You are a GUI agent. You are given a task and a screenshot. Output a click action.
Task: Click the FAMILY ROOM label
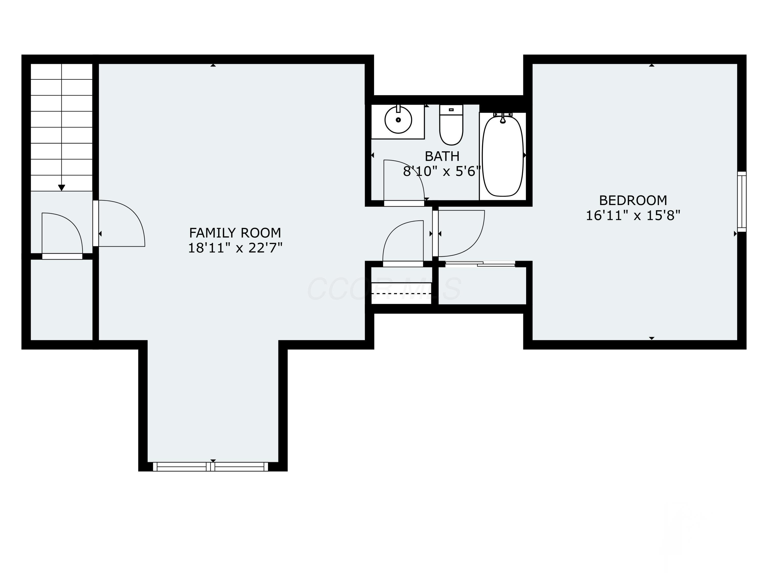[235, 232]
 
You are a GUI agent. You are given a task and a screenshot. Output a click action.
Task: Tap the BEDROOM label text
[633, 200]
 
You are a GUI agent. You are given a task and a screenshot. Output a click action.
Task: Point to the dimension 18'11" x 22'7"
[235, 248]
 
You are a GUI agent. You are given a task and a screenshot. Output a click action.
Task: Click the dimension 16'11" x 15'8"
[633, 216]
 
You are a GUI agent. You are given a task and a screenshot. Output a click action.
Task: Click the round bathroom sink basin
[398, 120]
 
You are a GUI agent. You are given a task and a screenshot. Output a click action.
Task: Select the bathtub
[503, 156]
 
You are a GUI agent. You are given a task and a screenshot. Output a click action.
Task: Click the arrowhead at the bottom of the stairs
[61, 188]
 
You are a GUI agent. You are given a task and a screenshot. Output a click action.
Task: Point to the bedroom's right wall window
[741, 201]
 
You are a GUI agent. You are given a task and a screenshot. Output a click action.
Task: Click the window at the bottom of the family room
[211, 467]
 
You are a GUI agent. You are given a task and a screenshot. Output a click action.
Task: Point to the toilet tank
[451, 110]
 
